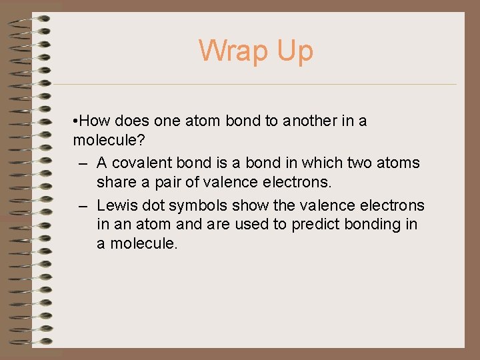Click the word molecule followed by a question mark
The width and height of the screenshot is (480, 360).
[103, 142]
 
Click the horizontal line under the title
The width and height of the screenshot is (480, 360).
[253, 85]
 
